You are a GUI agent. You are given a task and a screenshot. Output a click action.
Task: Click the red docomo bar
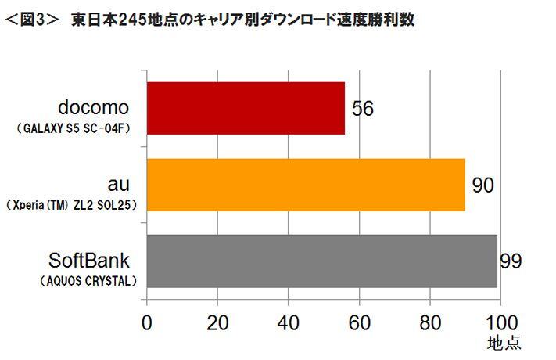point(245,109)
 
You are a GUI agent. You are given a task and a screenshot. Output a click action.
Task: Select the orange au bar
point(305,185)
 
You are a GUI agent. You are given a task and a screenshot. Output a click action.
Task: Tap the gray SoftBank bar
point(321,261)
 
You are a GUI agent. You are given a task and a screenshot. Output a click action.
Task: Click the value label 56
point(362,109)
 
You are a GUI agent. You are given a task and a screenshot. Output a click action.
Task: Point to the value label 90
point(482,185)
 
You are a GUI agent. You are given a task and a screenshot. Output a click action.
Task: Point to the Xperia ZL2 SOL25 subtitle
point(74,203)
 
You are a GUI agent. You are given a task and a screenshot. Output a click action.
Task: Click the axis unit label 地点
point(502,344)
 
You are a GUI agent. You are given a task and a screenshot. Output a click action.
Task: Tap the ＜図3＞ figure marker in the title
point(31,19)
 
